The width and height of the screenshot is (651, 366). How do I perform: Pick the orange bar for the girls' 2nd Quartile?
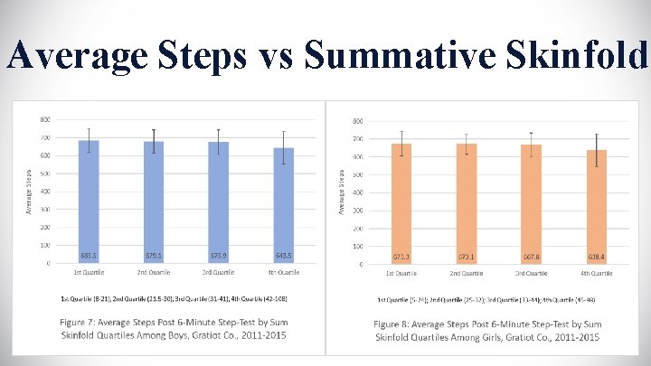467,203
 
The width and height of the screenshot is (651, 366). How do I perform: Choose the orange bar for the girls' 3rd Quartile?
532,204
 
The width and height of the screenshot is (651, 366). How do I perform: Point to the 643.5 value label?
284,255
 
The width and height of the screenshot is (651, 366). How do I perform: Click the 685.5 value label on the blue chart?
89,255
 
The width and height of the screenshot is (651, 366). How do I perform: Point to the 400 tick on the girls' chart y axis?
358,192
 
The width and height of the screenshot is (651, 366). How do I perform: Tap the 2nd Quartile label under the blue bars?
154,272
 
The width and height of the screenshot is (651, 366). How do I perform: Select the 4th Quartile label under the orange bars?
597,272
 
